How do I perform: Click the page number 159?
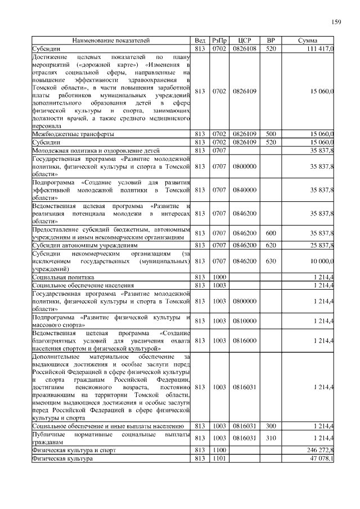click(336, 22)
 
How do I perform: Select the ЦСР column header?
click(244, 41)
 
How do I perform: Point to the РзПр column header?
click(219, 41)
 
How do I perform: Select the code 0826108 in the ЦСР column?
click(244, 49)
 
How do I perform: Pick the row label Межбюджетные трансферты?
click(73, 134)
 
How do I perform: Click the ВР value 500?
click(271, 134)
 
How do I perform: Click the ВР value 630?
click(271, 262)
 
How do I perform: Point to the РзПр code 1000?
click(219, 278)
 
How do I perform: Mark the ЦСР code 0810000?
click(244, 321)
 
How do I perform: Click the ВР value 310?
click(271, 438)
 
